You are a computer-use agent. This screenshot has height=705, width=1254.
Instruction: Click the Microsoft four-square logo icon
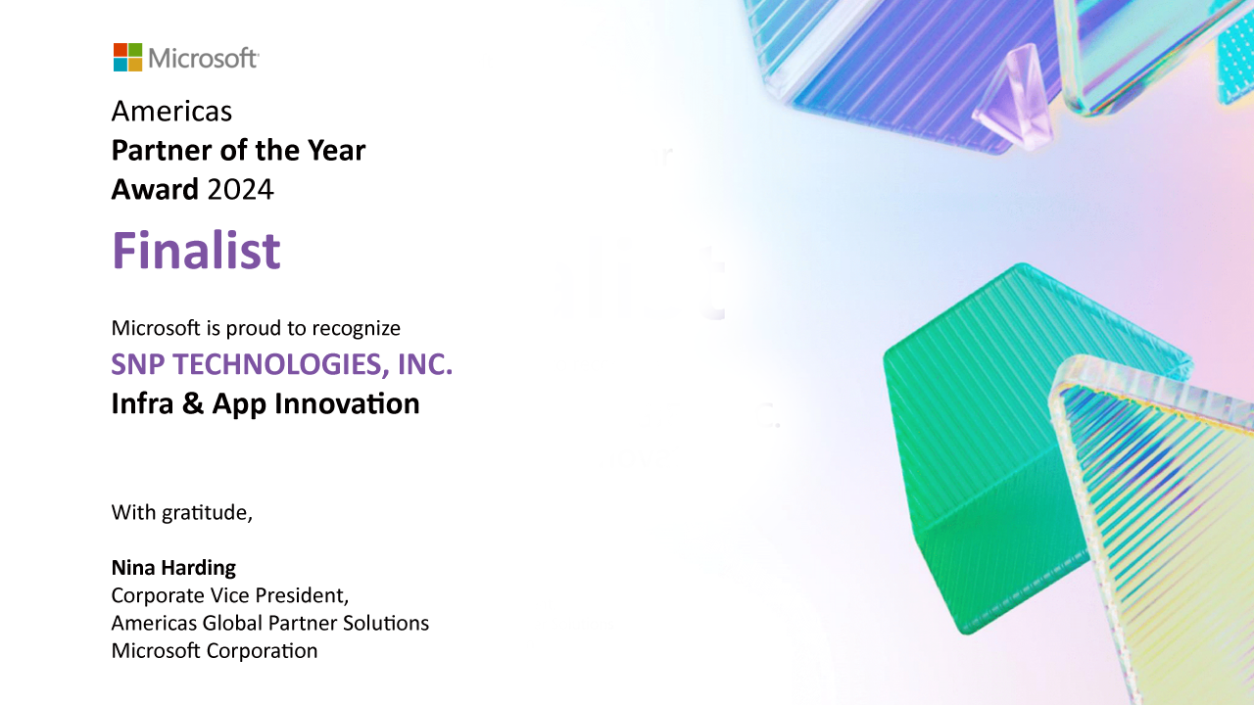[127, 57]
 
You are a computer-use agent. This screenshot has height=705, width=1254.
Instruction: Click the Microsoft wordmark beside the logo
[203, 58]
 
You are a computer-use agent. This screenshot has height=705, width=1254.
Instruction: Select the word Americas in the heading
[171, 111]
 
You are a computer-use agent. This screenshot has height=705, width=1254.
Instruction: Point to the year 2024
[240, 189]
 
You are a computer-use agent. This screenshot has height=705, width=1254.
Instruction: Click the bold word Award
[155, 189]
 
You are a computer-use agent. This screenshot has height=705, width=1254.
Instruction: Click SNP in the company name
[138, 364]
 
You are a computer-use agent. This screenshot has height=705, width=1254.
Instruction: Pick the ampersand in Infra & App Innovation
[193, 403]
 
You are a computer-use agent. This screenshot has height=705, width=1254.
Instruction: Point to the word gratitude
[207, 512]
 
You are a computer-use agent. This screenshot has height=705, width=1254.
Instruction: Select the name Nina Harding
[173, 567]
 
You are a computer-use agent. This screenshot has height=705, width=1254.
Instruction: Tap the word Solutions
[386, 623]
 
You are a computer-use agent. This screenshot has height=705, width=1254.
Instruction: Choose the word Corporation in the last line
[262, 651]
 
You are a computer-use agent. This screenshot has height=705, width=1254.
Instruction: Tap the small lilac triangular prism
[1016, 98]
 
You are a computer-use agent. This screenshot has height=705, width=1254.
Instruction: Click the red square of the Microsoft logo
[121, 50]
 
